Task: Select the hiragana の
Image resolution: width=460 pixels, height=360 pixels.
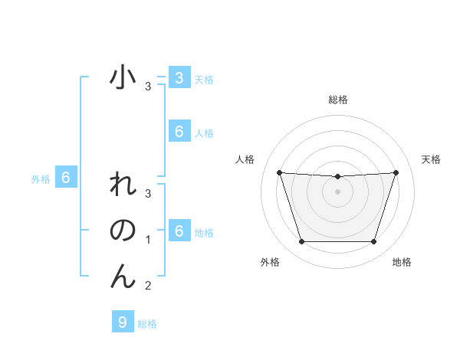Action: (x=123, y=231)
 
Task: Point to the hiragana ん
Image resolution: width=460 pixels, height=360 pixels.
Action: (x=123, y=277)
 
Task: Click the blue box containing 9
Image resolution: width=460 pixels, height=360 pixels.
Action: (x=122, y=322)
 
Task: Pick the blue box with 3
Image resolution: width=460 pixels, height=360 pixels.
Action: (x=179, y=77)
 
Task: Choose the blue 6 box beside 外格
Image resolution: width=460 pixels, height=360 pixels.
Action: (x=66, y=178)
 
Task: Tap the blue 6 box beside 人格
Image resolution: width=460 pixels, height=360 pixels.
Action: (x=179, y=132)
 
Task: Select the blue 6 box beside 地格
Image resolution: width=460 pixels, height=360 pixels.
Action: (x=179, y=231)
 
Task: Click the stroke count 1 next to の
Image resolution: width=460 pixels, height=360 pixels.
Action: (x=148, y=240)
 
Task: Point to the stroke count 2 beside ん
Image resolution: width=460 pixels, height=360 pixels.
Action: (x=148, y=286)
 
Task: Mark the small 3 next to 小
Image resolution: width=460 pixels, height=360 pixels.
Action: (x=148, y=87)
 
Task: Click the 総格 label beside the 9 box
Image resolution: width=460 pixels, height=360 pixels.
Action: (x=147, y=324)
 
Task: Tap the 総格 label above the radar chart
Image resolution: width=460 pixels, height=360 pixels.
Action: (x=337, y=100)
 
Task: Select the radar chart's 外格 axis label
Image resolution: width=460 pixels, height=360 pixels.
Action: (x=270, y=262)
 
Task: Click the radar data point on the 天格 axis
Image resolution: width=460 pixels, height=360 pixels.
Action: (x=396, y=173)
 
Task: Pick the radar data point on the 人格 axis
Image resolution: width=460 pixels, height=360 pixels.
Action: (x=279, y=173)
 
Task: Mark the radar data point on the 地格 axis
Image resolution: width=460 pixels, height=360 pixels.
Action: (x=373, y=242)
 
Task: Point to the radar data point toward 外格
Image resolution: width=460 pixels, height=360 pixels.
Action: (x=301, y=242)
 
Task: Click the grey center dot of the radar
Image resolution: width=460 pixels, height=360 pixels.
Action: (x=337, y=191)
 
